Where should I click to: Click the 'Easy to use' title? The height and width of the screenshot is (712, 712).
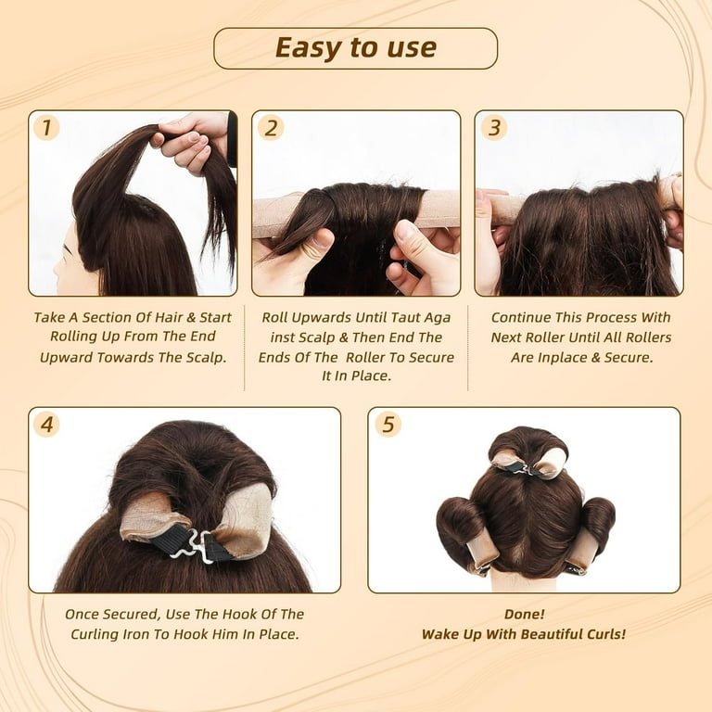[x=355, y=48]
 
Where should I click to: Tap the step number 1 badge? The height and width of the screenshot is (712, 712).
[x=46, y=127]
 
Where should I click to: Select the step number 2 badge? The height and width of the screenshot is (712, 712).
[x=270, y=127]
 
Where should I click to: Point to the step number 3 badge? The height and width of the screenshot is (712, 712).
[x=493, y=127]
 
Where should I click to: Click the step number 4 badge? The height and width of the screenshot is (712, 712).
[x=46, y=425]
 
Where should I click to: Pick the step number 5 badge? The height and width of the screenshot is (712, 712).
[x=388, y=425]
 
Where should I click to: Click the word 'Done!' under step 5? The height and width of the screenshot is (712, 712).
[x=523, y=615]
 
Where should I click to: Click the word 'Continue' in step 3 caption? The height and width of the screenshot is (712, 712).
[x=524, y=317]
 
